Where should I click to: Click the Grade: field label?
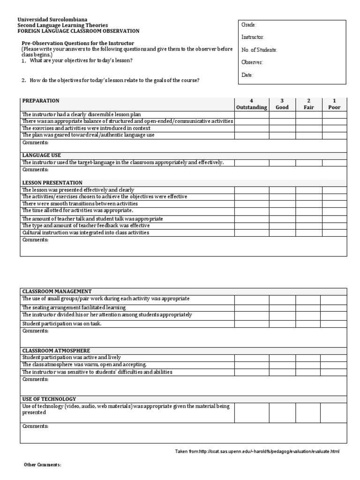coord(249,25)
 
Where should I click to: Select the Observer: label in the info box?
coord(252,62)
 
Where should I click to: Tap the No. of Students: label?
coord(259,50)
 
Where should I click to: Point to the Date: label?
coord(247,75)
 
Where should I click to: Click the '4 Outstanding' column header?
coord(252,104)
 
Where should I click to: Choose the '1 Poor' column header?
coord(334,104)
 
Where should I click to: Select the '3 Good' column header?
coord(282,104)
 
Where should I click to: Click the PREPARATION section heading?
coord(41,101)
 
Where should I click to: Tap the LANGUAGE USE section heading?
coord(42,155)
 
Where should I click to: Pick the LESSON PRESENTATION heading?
coord(52,182)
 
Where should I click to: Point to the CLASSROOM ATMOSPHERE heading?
coord(56,351)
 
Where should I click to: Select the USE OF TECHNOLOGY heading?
coord(47,398)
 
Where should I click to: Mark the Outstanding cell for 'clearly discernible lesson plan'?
coord(252,114)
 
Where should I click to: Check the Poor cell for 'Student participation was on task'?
coord(333,323)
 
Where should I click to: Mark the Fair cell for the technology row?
coord(308,412)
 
